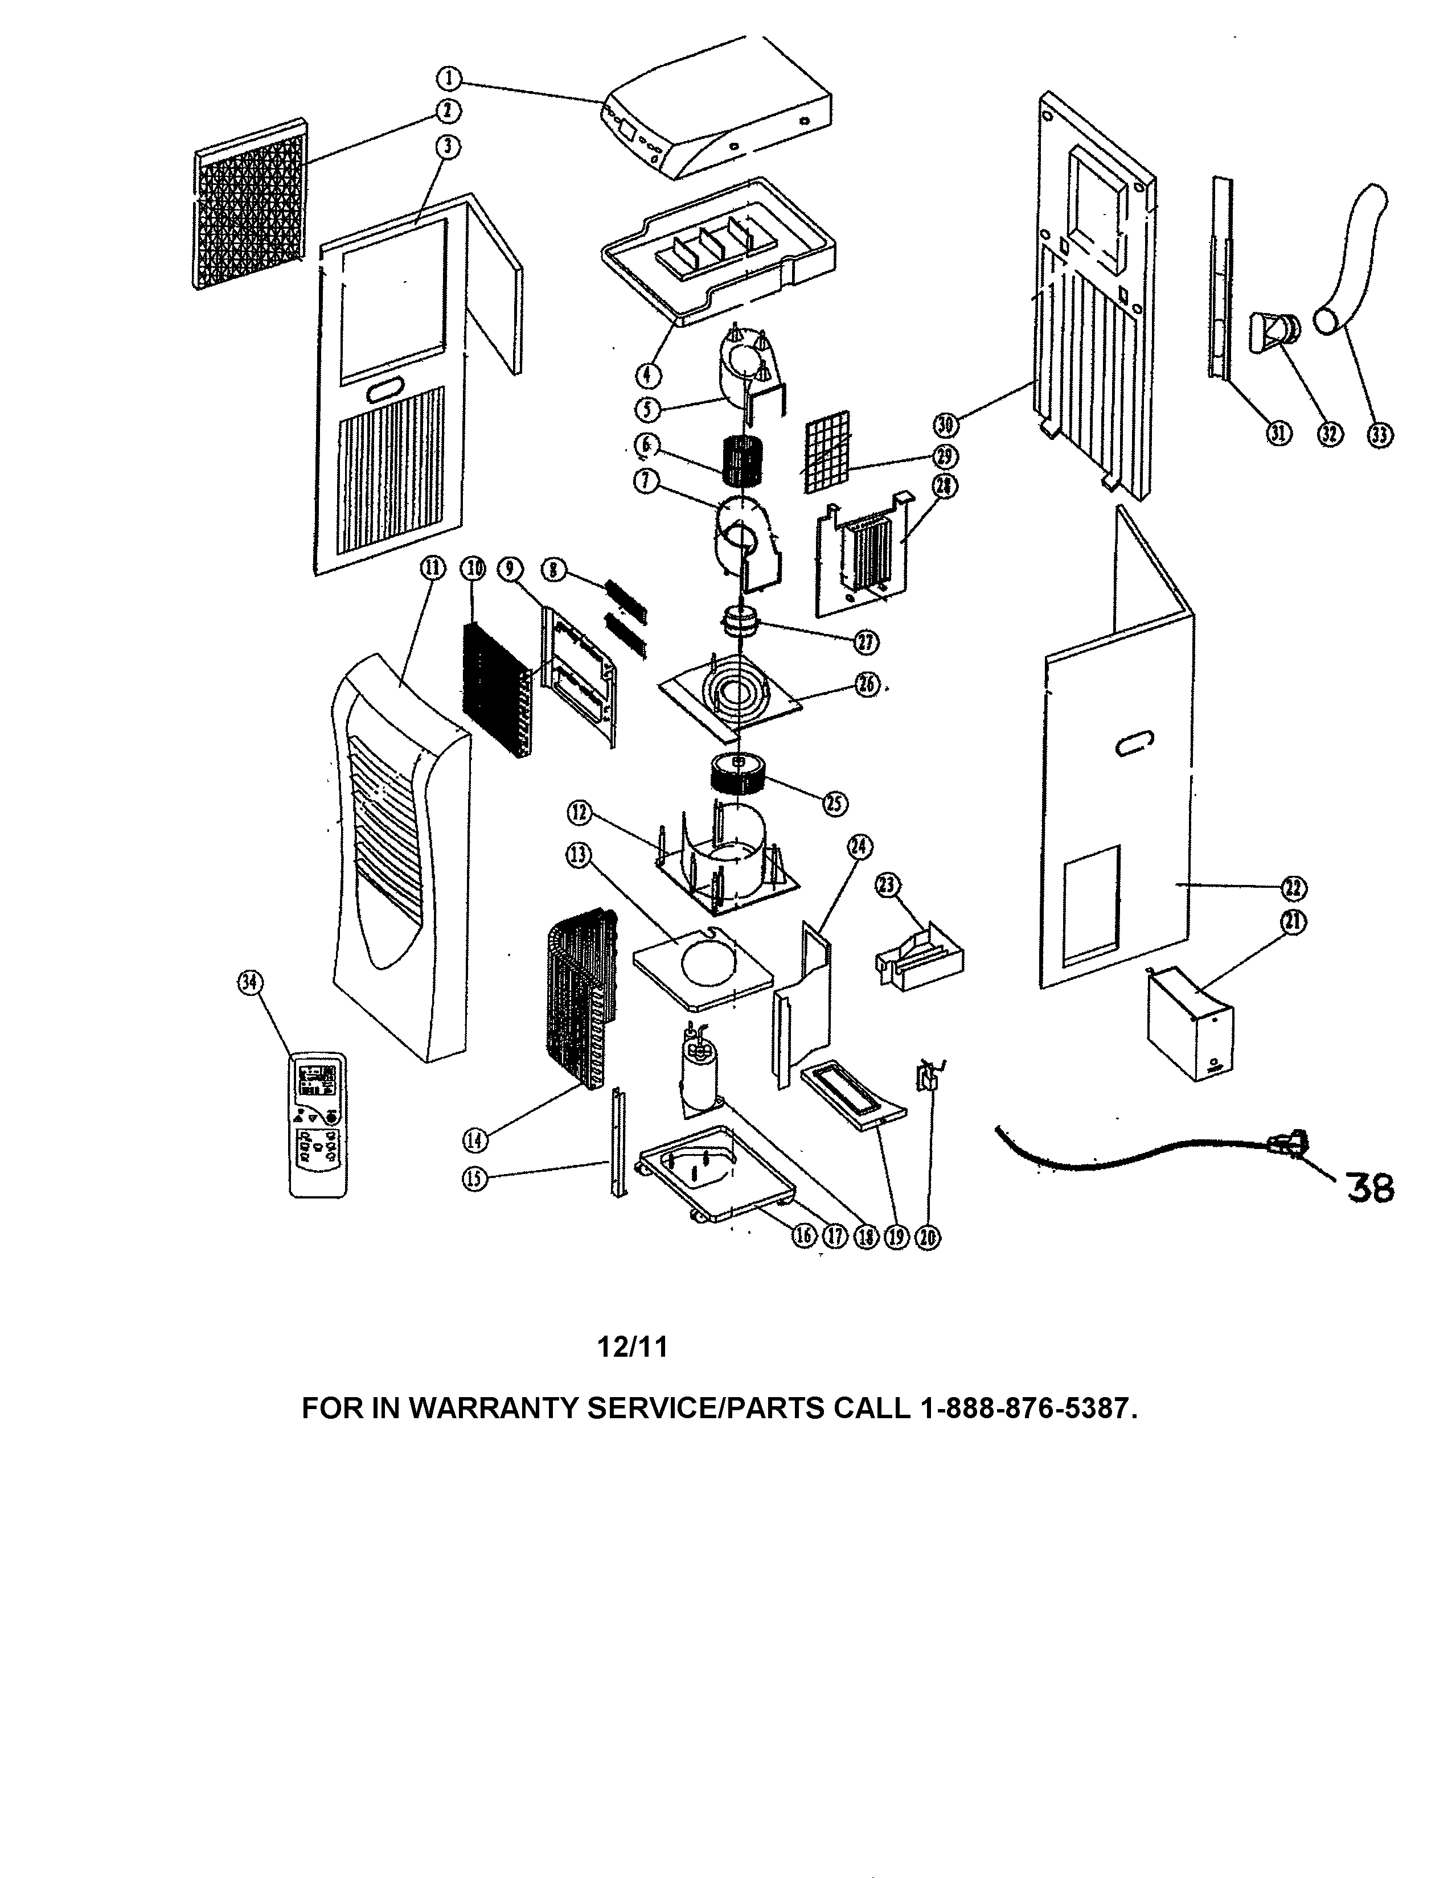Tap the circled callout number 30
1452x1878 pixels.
[x=945, y=424]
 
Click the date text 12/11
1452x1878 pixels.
[x=632, y=1346]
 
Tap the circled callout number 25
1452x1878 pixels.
[x=834, y=803]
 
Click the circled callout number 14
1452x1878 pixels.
[x=475, y=1140]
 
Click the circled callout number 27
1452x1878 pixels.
[x=866, y=641]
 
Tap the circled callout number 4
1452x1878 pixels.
[x=649, y=375]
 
